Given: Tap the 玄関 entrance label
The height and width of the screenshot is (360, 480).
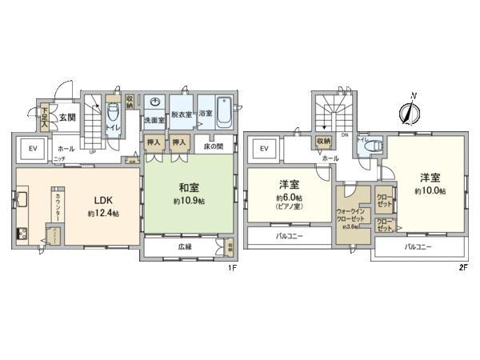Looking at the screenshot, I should click(66, 116).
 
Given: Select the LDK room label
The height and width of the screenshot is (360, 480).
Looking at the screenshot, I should click(105, 201).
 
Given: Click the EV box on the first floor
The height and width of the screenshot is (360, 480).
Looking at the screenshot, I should click(34, 148).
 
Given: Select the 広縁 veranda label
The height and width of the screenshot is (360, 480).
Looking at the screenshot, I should click(184, 247).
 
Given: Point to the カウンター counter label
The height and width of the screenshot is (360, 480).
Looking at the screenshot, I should click(59, 204).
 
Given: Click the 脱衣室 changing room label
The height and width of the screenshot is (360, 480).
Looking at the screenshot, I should click(180, 114).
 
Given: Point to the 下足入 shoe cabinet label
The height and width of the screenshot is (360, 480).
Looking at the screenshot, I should click(45, 118).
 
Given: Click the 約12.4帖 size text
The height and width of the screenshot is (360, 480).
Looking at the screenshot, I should click(104, 214).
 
